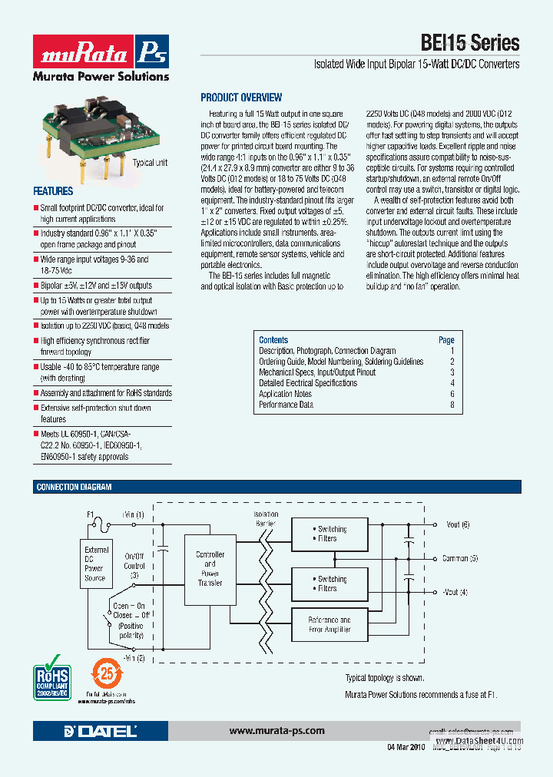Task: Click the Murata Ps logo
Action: pos(101,53)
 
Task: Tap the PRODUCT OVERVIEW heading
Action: pos(241,98)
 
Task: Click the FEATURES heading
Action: pos(53,191)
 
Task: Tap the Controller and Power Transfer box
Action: pos(210,569)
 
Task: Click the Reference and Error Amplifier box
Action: pos(329,624)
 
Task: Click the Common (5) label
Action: pos(460,558)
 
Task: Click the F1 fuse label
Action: pos(90,514)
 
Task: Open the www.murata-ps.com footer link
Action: pos(276,731)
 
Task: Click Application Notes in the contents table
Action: pos(285,394)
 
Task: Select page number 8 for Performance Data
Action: pos(452,405)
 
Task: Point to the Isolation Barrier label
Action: pos(267,518)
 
